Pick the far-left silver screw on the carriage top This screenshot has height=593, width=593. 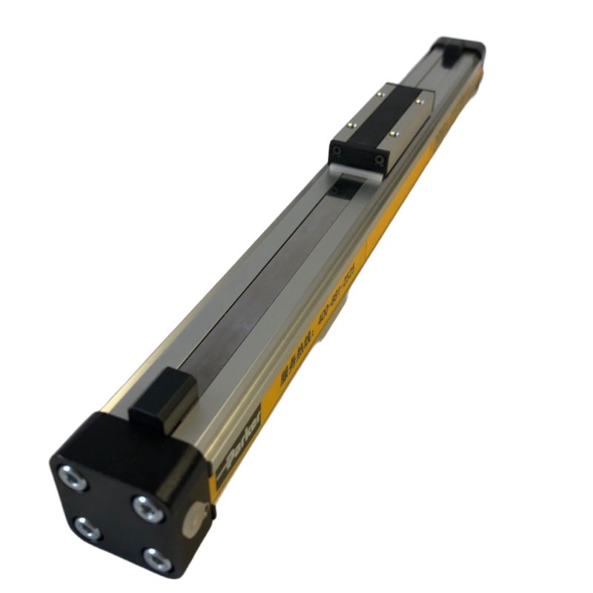pyautogui.click(x=380, y=93)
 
